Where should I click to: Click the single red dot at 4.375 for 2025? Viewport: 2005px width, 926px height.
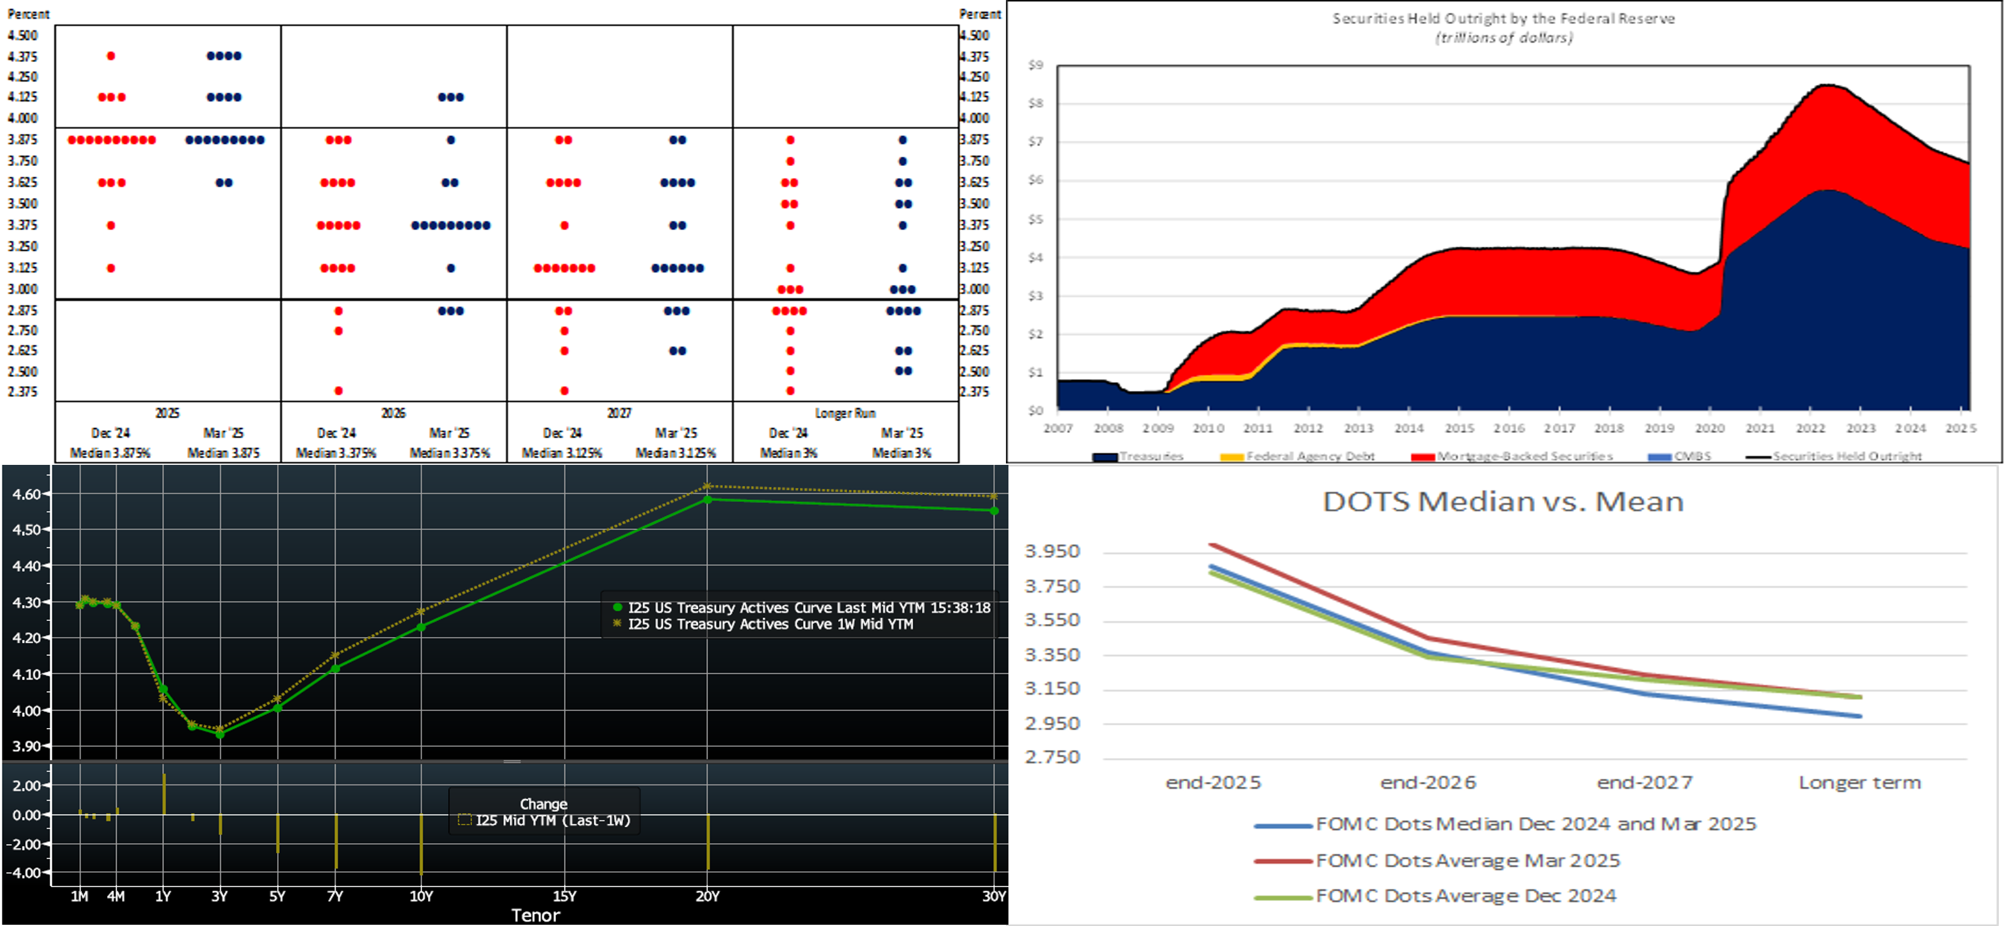point(111,56)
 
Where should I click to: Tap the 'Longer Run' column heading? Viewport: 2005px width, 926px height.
point(845,413)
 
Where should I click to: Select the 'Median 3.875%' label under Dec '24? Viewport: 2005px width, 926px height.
point(111,452)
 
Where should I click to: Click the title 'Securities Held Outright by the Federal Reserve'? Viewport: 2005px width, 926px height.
point(1503,19)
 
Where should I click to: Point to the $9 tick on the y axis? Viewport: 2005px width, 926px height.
point(1035,65)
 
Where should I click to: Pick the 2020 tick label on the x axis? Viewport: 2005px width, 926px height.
point(1710,429)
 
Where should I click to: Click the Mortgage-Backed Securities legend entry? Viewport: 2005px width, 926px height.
point(1524,456)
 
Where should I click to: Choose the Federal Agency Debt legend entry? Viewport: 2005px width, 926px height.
point(1310,456)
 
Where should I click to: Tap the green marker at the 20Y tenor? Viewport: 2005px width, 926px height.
point(707,500)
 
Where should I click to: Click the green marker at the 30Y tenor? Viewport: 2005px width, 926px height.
point(994,511)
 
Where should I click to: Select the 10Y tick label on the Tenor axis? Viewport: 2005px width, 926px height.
point(421,897)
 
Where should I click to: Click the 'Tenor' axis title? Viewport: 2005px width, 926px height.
point(535,915)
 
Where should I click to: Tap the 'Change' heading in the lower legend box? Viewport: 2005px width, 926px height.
point(543,804)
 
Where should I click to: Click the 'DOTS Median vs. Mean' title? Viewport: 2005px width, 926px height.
point(1503,502)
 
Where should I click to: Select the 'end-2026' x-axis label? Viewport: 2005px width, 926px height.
point(1428,783)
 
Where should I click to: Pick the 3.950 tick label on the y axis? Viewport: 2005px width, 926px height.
point(1052,551)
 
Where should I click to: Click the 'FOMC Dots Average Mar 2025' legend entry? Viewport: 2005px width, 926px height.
point(1467,861)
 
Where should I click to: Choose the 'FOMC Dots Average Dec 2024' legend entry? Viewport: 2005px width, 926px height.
point(1465,896)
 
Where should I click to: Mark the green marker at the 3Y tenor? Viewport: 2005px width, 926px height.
point(220,734)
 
